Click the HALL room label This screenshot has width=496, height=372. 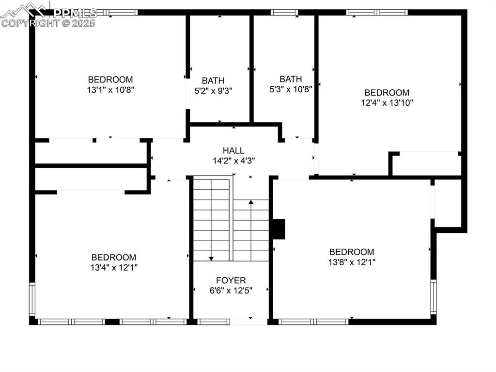233,150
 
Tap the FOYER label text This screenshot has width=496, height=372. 231,280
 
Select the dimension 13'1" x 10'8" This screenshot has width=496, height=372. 110,89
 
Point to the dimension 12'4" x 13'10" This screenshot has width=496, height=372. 387,102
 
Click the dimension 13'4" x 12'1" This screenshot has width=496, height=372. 114,267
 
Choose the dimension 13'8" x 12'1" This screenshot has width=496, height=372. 352,262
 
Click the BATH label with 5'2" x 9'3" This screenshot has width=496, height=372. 213,81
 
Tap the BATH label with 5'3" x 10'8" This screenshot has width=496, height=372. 291,79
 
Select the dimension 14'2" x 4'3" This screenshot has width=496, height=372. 233,160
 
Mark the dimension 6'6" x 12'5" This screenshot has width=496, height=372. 231,290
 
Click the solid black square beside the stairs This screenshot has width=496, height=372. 278,229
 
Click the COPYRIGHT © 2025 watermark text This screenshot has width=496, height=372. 48,23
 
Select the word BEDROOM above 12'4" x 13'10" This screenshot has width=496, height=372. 387,93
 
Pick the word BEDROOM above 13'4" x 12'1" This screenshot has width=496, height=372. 114,258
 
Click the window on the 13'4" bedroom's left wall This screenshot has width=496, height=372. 32,299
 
